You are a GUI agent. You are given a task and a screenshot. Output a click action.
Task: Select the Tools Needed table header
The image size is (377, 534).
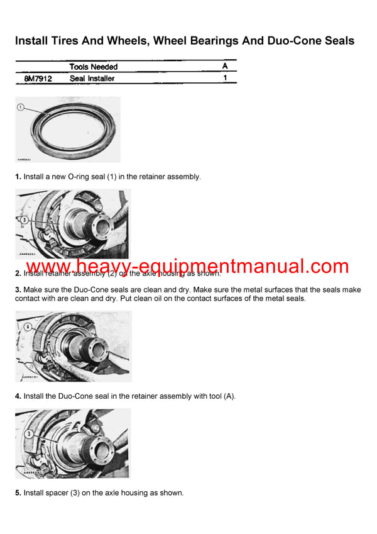(93, 67)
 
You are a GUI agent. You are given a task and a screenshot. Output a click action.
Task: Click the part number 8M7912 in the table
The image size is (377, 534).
(38, 79)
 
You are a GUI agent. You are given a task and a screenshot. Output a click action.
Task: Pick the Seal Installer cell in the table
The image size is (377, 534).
(92, 79)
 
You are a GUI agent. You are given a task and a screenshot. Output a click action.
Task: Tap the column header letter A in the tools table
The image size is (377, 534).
(225, 66)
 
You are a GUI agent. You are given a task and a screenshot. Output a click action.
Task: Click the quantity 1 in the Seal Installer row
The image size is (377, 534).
(226, 79)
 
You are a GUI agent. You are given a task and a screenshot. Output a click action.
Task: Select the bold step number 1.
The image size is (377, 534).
(18, 177)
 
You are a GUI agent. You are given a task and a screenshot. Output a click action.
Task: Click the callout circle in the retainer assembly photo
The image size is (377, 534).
(25, 220)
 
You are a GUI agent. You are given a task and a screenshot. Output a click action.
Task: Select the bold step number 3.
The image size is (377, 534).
(18, 289)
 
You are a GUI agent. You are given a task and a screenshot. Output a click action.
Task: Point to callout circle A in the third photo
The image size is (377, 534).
(28, 327)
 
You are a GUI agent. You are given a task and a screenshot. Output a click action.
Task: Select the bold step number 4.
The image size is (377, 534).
(18, 396)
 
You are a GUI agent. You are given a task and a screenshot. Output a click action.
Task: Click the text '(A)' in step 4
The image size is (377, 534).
(229, 396)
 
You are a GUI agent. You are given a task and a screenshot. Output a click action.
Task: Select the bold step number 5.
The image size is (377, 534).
(18, 493)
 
